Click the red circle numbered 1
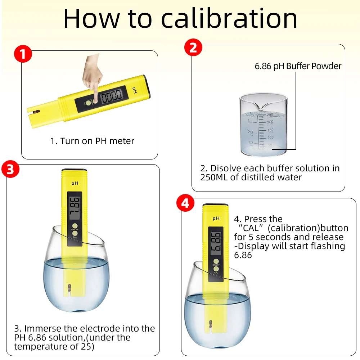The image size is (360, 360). [23, 54]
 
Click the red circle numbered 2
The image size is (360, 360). [193, 48]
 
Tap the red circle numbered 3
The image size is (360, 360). [10, 170]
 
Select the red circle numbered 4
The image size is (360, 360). [185, 203]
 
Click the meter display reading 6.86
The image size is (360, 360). [216, 242]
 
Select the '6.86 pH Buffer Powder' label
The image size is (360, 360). [298, 66]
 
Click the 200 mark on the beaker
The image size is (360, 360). [270, 122]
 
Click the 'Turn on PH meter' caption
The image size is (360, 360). [92, 141]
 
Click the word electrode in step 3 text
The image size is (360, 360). [100, 328]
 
